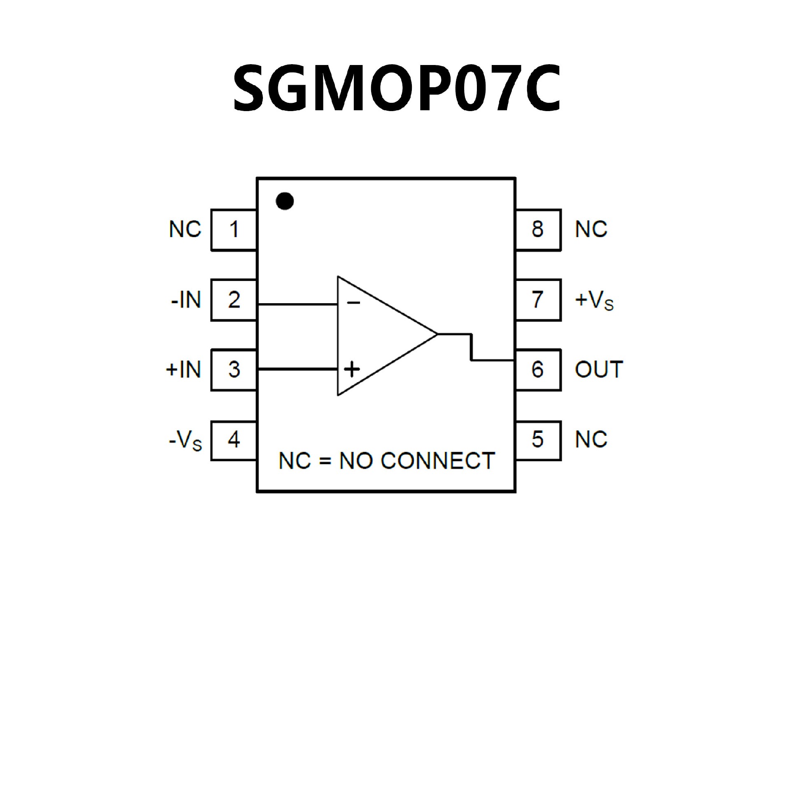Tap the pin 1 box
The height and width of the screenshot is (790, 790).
click(234, 230)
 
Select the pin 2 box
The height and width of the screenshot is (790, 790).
click(234, 300)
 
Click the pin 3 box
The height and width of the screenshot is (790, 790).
click(234, 369)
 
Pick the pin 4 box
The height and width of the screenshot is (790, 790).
click(234, 440)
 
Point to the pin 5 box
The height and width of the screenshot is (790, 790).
click(537, 440)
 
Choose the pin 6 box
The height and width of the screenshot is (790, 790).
click(537, 369)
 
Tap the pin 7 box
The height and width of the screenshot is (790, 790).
click(537, 300)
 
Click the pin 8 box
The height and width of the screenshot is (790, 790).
click(537, 230)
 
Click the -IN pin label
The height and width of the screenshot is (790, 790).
click(186, 300)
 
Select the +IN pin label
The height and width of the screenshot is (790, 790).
click(184, 369)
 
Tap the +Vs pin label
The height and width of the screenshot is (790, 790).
click(594, 301)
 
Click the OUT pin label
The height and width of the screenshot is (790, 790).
click(599, 369)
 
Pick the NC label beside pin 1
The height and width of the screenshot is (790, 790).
click(185, 229)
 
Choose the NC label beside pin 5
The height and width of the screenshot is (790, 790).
click(591, 440)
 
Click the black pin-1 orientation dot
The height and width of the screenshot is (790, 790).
click(285, 201)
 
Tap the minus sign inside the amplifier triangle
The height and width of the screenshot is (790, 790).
click(353, 303)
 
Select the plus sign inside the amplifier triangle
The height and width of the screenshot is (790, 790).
click(352, 369)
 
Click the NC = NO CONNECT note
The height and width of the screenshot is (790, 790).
click(386, 461)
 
